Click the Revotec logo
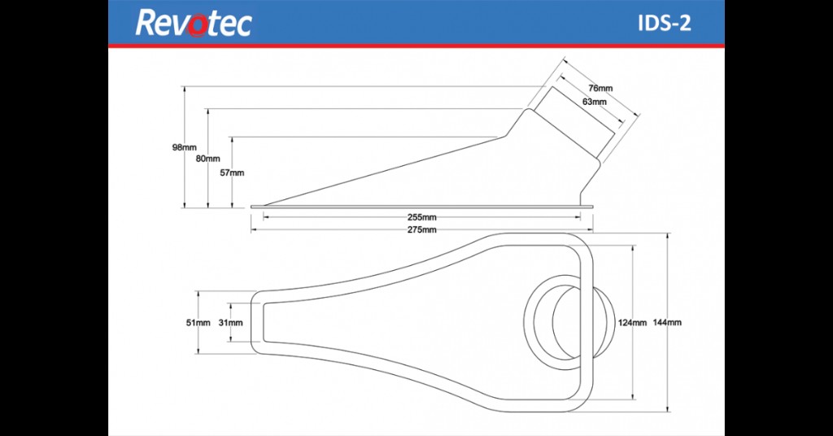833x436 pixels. tap(193, 24)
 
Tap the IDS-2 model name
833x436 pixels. tap(665, 24)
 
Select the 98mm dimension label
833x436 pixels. tap(184, 147)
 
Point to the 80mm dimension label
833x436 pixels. tap(207, 159)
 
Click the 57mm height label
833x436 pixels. tap(232, 172)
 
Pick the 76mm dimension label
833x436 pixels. tap(600, 88)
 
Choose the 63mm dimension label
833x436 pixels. tap(595, 102)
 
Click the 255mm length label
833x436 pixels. tap(422, 217)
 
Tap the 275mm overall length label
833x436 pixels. tap(422, 229)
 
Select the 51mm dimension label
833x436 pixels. tap(198, 322)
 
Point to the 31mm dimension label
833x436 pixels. tap(230, 322)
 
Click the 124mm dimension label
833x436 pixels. tap(632, 322)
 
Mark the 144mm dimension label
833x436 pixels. tap(667, 322)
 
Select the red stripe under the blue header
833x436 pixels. tap(416, 46)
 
